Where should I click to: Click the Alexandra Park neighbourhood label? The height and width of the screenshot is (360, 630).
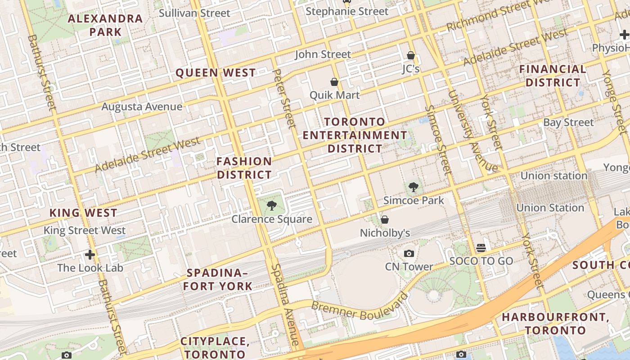[105, 25]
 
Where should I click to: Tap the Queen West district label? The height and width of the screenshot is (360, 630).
[216, 73]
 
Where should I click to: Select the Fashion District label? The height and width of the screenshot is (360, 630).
[244, 168]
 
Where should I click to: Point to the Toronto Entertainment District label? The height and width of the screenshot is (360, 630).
[355, 135]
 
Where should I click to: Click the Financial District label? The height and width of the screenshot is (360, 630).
[553, 76]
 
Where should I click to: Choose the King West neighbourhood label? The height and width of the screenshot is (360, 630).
[83, 213]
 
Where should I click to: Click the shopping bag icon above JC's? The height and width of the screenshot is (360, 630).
[410, 55]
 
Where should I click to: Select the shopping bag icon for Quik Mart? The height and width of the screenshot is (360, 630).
[334, 82]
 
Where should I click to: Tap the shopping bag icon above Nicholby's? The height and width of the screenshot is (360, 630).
[385, 220]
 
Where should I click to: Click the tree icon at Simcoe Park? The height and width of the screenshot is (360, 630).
[413, 187]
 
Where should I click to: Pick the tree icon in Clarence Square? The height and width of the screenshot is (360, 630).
[271, 206]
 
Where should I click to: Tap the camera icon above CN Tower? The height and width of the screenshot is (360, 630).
[409, 254]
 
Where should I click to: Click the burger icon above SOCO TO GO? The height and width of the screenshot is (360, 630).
[481, 248]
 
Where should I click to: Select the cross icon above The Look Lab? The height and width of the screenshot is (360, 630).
[90, 255]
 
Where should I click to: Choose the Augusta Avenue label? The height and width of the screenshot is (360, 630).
[142, 107]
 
